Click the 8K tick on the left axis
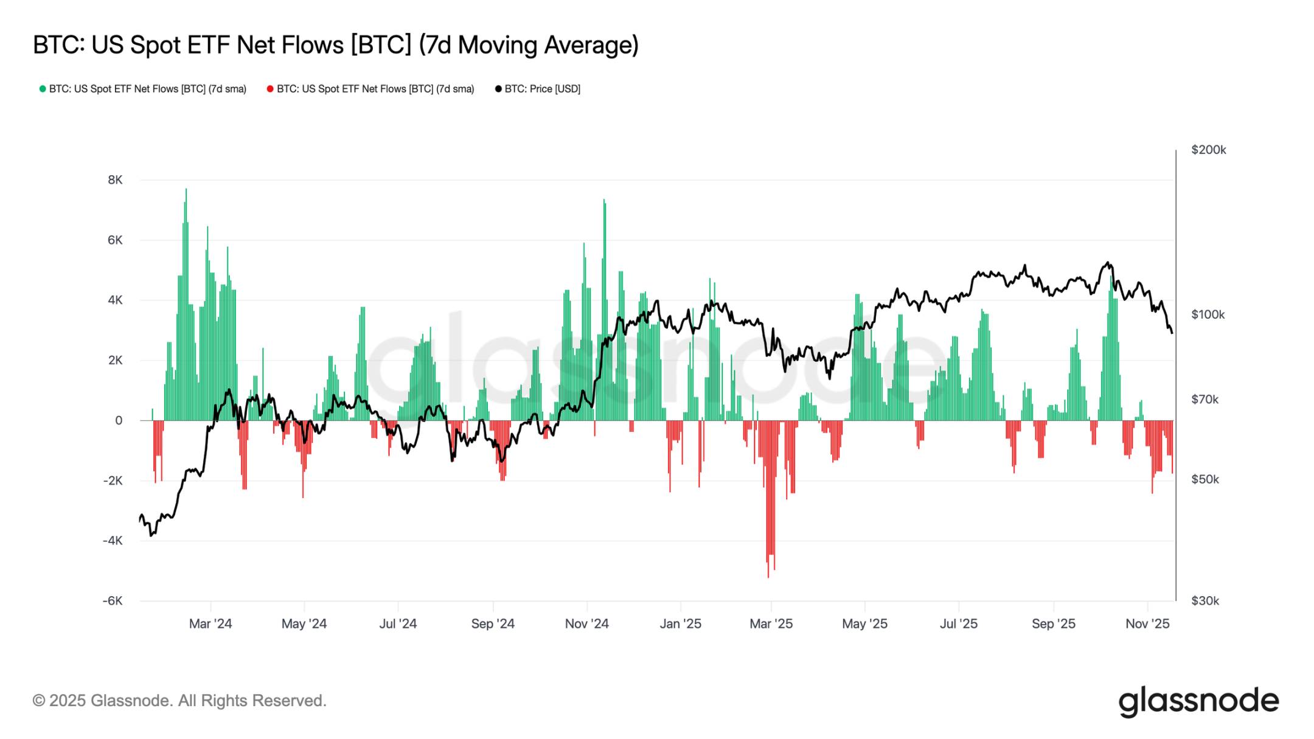click(x=115, y=180)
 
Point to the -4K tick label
click(x=113, y=541)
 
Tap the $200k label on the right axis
click(x=1208, y=150)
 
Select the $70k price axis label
click(x=1204, y=400)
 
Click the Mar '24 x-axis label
click(x=210, y=623)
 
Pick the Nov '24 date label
click(x=586, y=623)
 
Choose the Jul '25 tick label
click(x=958, y=623)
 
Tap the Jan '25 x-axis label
click(x=680, y=623)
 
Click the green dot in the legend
click(x=43, y=89)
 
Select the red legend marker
click(x=270, y=89)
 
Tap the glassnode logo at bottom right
click(x=1198, y=701)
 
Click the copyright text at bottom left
click(x=179, y=701)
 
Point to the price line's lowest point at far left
click(x=150, y=535)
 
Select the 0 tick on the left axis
click(x=119, y=420)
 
